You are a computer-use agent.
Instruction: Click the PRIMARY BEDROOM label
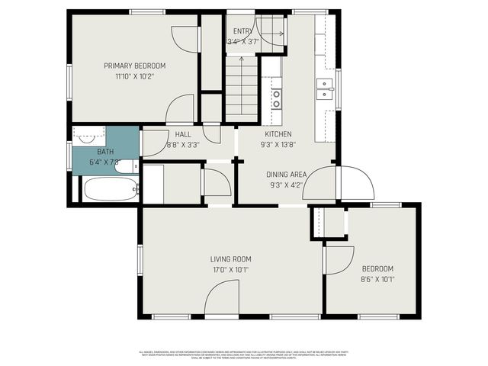tap(134, 66)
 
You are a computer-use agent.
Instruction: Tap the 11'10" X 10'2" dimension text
tap(134, 76)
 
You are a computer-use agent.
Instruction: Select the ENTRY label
tap(242, 30)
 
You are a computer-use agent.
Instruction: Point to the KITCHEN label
tap(278, 133)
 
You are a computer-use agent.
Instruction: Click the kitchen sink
tap(326, 89)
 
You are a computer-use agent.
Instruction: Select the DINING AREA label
tap(287, 174)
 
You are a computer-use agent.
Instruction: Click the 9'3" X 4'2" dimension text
tap(287, 185)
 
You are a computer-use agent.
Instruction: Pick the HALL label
tap(183, 134)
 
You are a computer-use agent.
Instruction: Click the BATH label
tap(104, 152)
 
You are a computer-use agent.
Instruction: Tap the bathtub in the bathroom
tap(111, 188)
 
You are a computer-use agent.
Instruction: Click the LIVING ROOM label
tap(231, 258)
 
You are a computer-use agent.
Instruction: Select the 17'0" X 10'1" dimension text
tap(231, 269)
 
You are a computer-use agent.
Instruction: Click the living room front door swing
tap(223, 299)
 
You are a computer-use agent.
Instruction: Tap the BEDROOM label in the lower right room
tap(377, 268)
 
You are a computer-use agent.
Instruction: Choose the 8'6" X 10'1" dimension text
tap(377, 279)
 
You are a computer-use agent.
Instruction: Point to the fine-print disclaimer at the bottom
tap(244, 355)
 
